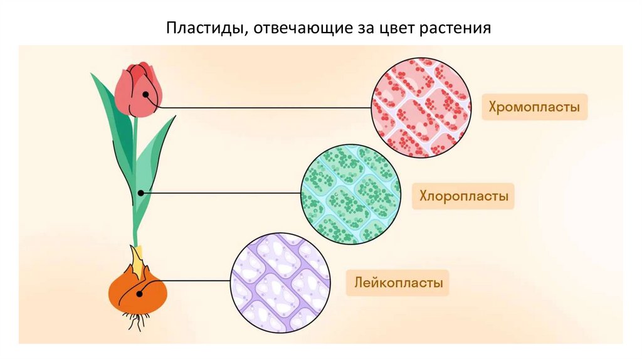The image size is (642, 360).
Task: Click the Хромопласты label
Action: coord(535,107)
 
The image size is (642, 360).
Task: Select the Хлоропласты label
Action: coord(464,196)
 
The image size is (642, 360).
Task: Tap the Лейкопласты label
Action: coord(397,283)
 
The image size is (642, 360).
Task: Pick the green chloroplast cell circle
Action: coord(350,194)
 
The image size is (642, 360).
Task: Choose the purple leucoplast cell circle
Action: coord(281,282)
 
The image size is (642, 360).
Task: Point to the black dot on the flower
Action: coord(145,95)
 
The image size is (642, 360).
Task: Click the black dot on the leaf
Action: coord(141,193)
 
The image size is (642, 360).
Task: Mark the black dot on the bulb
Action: coord(139,292)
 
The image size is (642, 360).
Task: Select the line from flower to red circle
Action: coord(263,107)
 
